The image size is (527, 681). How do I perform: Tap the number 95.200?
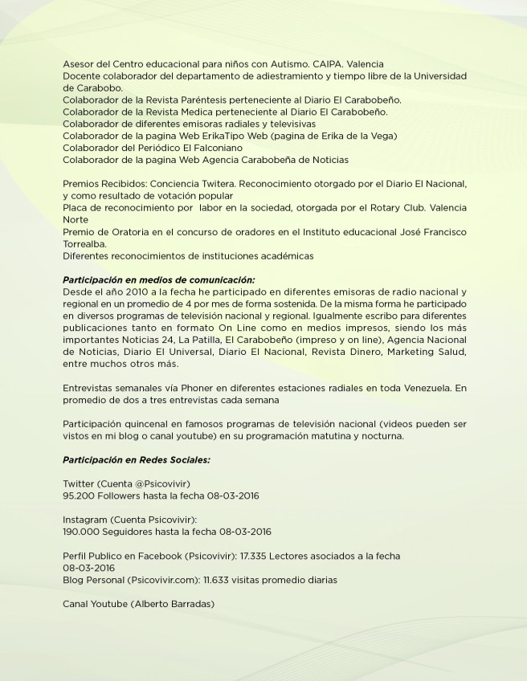point(79,495)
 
